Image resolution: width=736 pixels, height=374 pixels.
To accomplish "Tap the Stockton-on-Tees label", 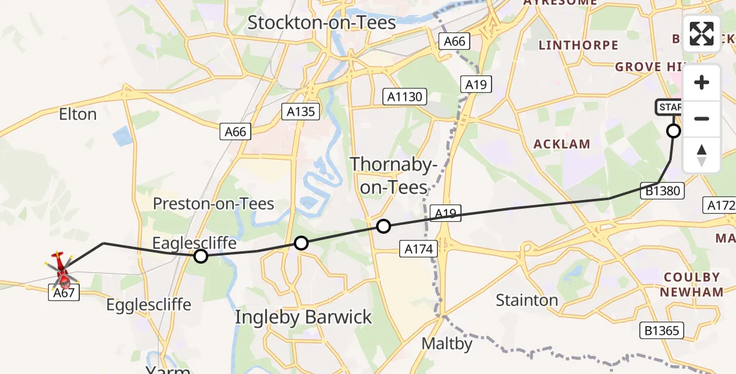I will [x=322, y=23].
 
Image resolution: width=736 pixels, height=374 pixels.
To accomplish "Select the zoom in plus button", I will [x=702, y=83].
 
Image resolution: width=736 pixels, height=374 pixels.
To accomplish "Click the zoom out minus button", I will [x=702, y=118].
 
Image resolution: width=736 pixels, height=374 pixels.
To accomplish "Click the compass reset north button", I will [x=702, y=155].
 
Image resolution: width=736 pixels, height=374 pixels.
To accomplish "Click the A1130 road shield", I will [x=405, y=97].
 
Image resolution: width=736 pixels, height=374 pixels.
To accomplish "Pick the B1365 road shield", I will [x=662, y=330].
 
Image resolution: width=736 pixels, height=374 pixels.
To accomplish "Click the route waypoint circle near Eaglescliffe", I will [x=201, y=256].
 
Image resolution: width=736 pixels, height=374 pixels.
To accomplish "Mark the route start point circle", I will [x=674, y=131].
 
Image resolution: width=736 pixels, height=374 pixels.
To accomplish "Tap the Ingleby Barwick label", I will [x=303, y=317].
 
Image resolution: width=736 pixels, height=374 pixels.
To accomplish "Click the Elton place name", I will [x=77, y=115].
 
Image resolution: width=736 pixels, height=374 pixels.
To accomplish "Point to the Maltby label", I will [x=447, y=343].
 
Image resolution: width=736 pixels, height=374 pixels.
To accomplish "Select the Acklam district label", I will [x=561, y=144].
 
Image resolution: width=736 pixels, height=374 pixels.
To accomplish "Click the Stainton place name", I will [x=527, y=300].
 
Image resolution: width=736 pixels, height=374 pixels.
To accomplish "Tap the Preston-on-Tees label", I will [x=213, y=204].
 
